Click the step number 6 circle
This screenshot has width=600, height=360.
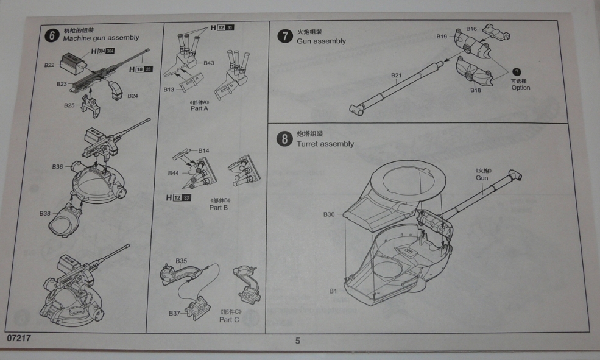click(52, 35)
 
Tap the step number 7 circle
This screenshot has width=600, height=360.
click(284, 36)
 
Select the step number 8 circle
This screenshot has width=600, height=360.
click(284, 139)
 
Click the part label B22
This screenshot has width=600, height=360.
click(50, 65)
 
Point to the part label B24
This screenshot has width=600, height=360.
click(133, 96)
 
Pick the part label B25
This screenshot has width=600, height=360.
click(70, 105)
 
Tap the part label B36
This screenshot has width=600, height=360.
click(58, 166)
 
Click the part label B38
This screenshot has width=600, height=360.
click(45, 213)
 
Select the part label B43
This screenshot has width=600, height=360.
click(209, 63)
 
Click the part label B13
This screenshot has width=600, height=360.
click(169, 90)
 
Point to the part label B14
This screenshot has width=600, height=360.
click(204, 150)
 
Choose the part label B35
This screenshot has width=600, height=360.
click(181, 261)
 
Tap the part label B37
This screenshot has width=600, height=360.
click(175, 313)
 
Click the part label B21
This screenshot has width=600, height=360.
click(396, 76)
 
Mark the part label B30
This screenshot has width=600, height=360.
click(329, 214)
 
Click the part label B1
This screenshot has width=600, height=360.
click(333, 291)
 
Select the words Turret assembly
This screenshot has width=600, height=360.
click(325, 144)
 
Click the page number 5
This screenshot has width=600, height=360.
click(297, 341)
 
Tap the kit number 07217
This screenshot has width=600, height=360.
click(19, 337)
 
